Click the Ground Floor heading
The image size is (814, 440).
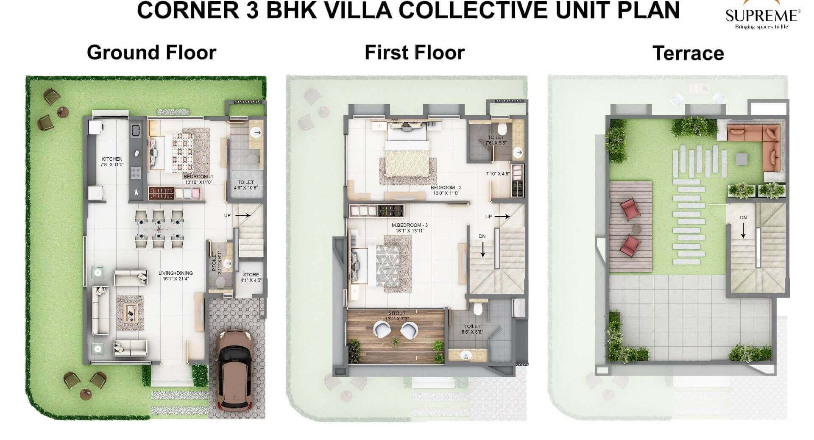point(151,53)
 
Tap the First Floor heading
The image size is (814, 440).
point(414,53)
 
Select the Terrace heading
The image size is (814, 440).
point(688,53)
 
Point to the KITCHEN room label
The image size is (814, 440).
point(112,162)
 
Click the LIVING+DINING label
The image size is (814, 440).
point(176,276)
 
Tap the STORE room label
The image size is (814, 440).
point(251,277)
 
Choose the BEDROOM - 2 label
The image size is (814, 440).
point(446,190)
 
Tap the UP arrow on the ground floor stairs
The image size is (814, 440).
point(243,215)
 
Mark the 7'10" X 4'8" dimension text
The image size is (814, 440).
point(498,174)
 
